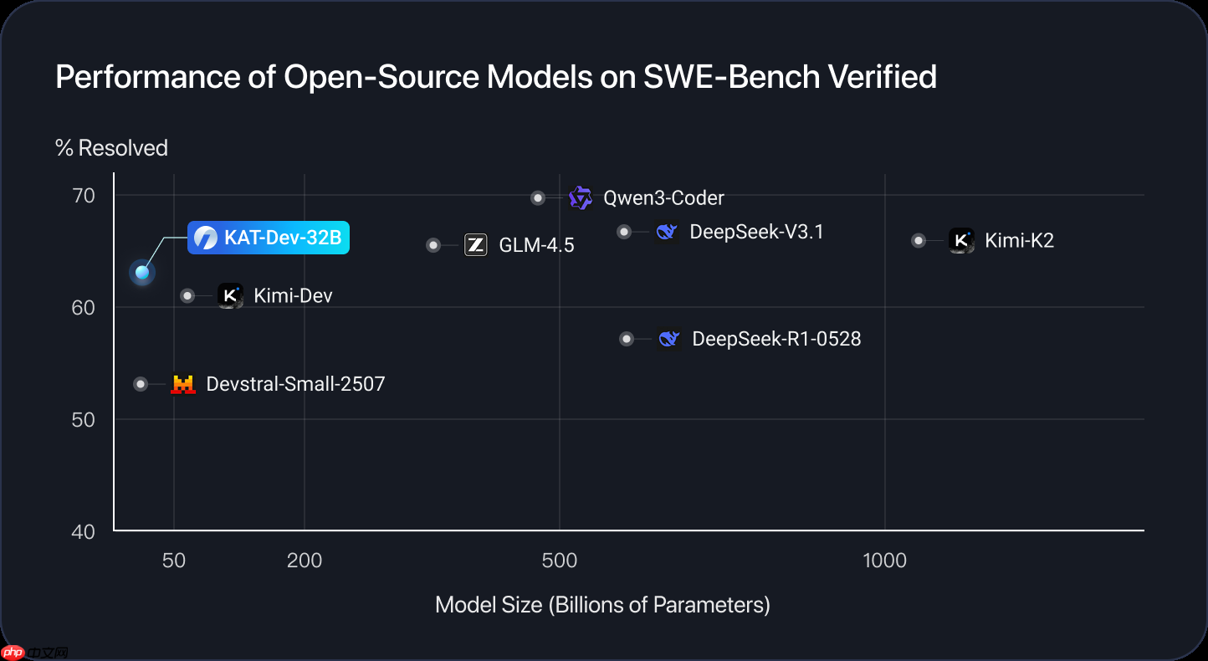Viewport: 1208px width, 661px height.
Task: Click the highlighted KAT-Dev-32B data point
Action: (x=142, y=272)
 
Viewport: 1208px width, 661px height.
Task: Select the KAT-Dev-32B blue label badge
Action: (x=268, y=238)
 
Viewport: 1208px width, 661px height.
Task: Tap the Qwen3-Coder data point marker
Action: (x=538, y=197)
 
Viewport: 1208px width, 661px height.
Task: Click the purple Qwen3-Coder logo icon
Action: (x=580, y=197)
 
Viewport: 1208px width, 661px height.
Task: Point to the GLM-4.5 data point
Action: (x=433, y=245)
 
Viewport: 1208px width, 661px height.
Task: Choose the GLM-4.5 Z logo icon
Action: (x=475, y=244)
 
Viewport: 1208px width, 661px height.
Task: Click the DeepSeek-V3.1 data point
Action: (x=624, y=232)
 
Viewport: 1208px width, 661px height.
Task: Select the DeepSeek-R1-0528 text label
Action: (x=776, y=339)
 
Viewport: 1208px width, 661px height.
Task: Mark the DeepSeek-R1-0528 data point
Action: (x=627, y=339)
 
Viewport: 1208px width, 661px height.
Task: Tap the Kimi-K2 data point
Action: (x=919, y=240)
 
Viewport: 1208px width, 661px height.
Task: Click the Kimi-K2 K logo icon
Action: (x=961, y=240)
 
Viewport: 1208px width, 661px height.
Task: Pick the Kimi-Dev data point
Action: (x=187, y=295)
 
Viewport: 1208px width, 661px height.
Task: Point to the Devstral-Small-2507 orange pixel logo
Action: (x=182, y=384)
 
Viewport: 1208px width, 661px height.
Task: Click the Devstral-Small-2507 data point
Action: (x=141, y=384)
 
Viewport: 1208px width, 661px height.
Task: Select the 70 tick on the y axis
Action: (x=84, y=196)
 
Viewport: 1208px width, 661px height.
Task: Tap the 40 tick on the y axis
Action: (x=84, y=531)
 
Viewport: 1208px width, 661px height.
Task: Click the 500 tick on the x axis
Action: (x=560, y=561)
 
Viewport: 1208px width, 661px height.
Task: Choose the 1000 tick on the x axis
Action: (x=885, y=561)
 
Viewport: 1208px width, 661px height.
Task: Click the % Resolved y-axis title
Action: (x=111, y=148)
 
